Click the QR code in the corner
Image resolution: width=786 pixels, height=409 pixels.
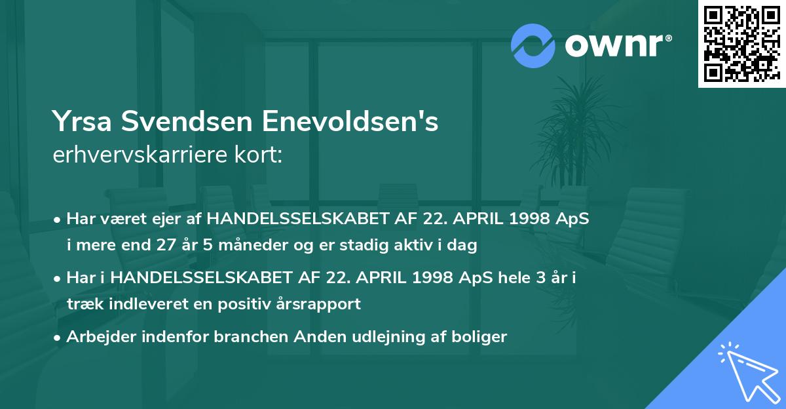(x=741, y=43)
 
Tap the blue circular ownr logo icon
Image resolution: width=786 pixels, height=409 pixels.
(x=533, y=45)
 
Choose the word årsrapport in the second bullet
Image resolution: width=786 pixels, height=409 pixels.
(x=325, y=304)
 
